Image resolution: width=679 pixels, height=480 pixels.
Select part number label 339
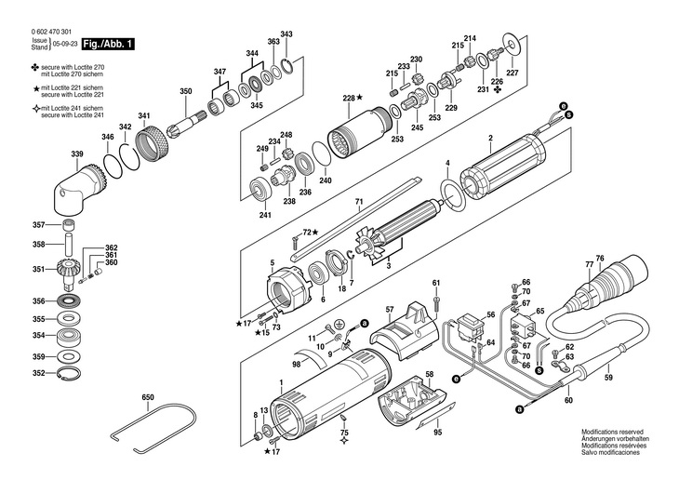(x=77, y=154)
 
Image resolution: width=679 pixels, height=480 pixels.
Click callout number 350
(x=186, y=91)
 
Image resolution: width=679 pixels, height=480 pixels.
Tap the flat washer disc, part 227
(x=513, y=44)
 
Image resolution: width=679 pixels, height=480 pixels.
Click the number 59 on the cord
(x=608, y=378)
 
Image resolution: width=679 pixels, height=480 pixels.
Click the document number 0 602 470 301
(x=51, y=32)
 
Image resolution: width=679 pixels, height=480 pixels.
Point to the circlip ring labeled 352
(x=69, y=374)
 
